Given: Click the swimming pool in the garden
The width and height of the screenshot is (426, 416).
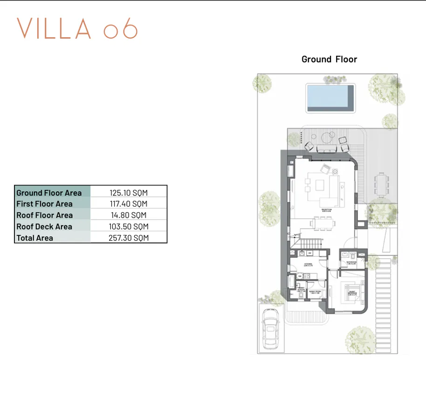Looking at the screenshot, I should coord(330,98).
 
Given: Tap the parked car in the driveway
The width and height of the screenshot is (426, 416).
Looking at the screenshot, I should coord(270,329).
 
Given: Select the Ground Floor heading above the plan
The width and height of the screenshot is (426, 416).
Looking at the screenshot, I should coord(329,59).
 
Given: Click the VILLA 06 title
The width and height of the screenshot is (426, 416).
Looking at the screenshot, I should coord(77,29).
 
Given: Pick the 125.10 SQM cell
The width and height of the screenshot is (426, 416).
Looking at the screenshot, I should coord(128,192).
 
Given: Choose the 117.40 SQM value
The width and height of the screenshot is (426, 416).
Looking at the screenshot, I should coord(128,204).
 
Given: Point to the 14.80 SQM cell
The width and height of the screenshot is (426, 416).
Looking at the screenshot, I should coord(128,215).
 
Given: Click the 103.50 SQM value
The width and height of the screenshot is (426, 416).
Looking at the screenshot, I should coord(128,227).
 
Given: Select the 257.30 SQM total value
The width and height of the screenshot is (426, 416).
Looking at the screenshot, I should coord(128,238).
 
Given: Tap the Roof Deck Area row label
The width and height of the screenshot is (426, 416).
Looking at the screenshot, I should coord(44,227).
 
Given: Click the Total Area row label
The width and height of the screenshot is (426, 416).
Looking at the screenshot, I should coord(35,238).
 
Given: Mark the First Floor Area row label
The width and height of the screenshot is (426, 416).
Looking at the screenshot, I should coord(44,204).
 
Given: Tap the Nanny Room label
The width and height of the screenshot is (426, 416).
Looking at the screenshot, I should coord(315,292).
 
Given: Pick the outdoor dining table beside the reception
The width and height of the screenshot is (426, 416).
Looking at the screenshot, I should coord(382,183).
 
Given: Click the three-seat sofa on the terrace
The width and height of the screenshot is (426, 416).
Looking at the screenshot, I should coord(327,149).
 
